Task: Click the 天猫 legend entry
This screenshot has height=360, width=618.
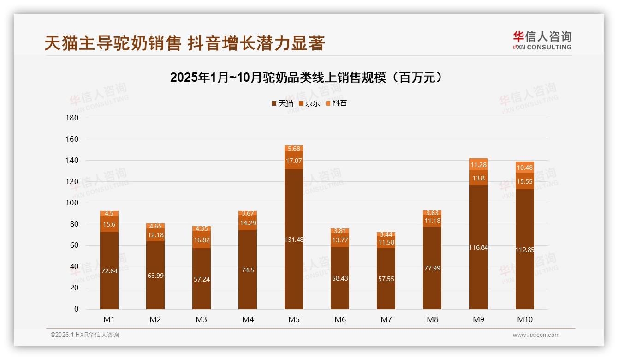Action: pos(282,103)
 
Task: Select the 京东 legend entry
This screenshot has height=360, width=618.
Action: pos(309,103)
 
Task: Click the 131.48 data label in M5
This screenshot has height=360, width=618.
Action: pos(294,240)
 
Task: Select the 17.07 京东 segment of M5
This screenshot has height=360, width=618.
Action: pos(294,161)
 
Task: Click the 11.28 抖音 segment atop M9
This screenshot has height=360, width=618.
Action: pos(478,165)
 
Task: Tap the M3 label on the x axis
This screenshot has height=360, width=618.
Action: pos(202,319)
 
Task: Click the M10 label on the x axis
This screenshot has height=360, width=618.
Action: pos(524,319)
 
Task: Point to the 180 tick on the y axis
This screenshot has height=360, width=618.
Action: pos(73,118)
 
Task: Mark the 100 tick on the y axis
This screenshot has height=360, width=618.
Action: pos(73,203)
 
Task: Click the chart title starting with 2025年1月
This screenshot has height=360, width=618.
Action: pos(306,78)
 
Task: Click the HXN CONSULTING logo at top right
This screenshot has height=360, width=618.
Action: pos(542,41)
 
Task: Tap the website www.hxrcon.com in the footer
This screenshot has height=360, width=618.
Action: pos(536,335)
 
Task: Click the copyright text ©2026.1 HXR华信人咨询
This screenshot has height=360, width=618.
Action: pos(85,335)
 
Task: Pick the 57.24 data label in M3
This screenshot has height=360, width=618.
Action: pos(202,279)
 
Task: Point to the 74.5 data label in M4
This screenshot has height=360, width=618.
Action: pos(248,270)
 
